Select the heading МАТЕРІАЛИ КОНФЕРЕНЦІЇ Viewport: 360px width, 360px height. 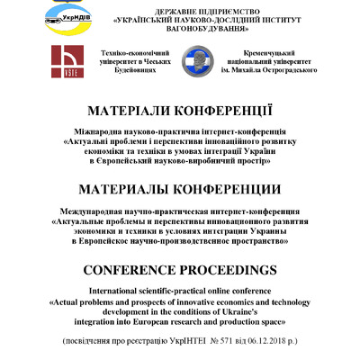coord(180,111)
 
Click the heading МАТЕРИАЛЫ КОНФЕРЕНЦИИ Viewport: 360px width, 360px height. coord(180,189)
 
